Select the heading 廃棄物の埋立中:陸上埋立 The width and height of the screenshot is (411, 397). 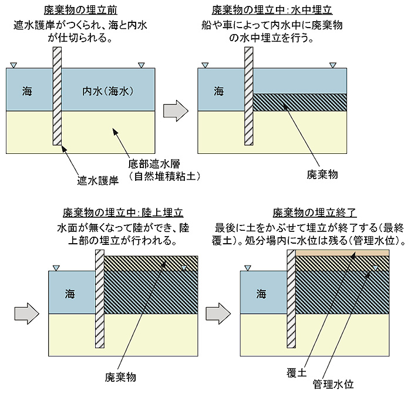click(x=124, y=213)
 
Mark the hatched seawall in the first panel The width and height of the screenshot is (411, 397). click(x=57, y=97)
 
